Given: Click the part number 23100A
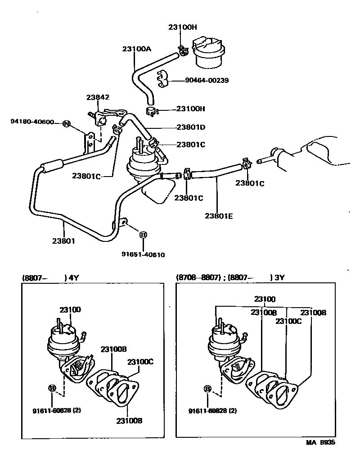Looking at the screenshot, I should pos(136,49).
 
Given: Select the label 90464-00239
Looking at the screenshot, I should pos(207,81).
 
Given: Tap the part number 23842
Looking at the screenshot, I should pos(99,97).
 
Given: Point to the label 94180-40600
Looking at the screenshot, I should pos(32,122).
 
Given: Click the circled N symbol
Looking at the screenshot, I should pos(67,124).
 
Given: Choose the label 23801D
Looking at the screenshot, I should pos(191,127).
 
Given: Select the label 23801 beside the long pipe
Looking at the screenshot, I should pos(63,241).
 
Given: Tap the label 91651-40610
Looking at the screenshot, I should pos(143,254).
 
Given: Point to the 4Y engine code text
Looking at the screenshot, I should pos(74,278).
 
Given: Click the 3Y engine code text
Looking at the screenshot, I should pos(280,278).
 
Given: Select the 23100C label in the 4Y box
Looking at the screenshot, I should pos(140,362).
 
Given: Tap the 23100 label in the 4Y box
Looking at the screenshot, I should pos(70,309).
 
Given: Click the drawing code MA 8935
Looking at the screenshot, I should pos(321,443).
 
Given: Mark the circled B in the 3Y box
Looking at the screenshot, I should pos(207,389).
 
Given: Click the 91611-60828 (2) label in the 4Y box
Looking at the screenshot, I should pos(57,410).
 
